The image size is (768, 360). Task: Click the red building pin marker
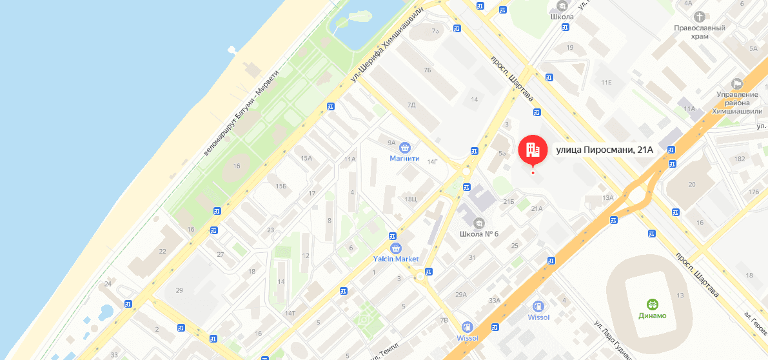[x=533, y=150]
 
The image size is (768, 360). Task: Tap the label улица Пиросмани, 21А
[x=605, y=150]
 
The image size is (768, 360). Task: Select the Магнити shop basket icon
[x=405, y=148]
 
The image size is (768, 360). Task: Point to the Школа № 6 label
[x=479, y=234]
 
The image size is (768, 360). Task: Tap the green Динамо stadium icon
[x=653, y=305]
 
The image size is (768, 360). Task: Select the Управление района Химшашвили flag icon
[x=737, y=84]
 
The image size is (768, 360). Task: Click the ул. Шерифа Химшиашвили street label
[x=387, y=45]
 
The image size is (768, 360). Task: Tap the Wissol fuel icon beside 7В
[x=468, y=327]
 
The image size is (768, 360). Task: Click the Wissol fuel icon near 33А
[x=538, y=306]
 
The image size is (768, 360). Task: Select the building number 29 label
[x=179, y=290]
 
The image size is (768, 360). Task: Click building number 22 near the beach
[x=162, y=251]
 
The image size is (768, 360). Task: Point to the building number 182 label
[x=740, y=159]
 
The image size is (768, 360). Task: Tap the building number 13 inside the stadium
[x=680, y=295]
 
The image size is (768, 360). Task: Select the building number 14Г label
[x=432, y=162]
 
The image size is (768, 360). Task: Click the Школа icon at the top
[x=562, y=6]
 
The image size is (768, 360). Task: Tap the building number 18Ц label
[x=410, y=199]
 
